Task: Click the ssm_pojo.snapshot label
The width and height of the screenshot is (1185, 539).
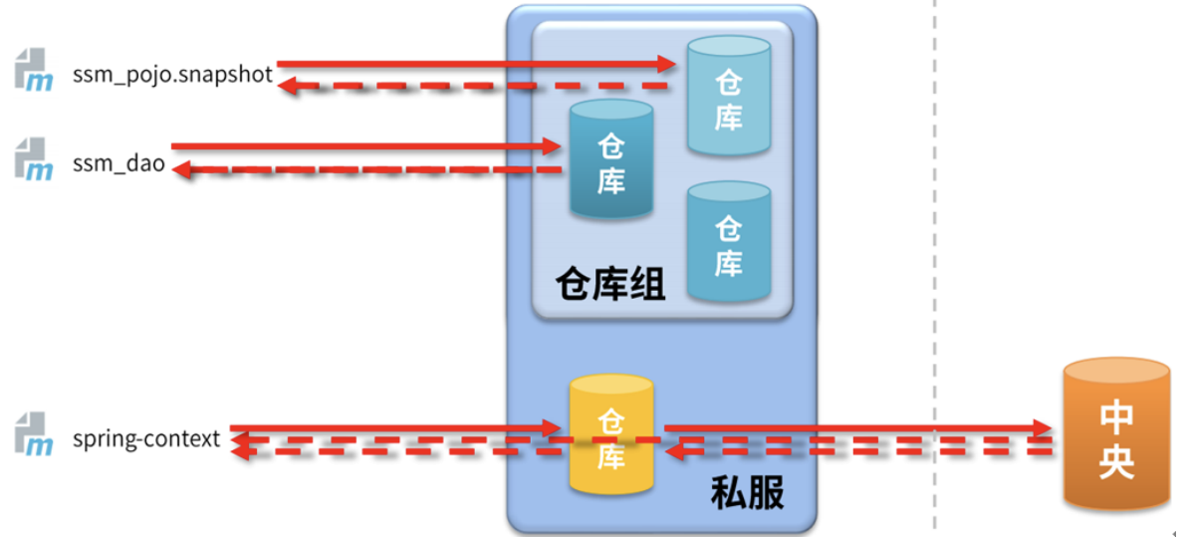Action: point(172,76)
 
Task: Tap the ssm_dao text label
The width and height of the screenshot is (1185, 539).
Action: point(118,164)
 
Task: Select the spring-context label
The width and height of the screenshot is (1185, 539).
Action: point(146,438)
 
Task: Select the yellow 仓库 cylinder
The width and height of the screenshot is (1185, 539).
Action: point(610,434)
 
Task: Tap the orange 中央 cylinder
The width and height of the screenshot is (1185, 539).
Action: point(1115,434)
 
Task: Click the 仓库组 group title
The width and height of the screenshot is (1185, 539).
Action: point(609,285)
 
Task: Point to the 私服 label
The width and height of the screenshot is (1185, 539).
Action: point(747,493)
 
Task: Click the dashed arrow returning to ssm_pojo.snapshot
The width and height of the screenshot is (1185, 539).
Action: point(468,87)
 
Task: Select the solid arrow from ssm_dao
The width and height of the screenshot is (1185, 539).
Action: point(358,147)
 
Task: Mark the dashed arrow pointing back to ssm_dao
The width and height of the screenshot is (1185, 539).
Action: point(358,170)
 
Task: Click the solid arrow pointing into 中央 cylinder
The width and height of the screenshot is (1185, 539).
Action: point(856,428)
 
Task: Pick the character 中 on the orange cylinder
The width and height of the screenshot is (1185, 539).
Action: point(1115,415)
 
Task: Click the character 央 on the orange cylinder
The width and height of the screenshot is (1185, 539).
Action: point(1115,462)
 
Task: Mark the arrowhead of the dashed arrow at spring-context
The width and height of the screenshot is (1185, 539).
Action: point(240,453)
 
